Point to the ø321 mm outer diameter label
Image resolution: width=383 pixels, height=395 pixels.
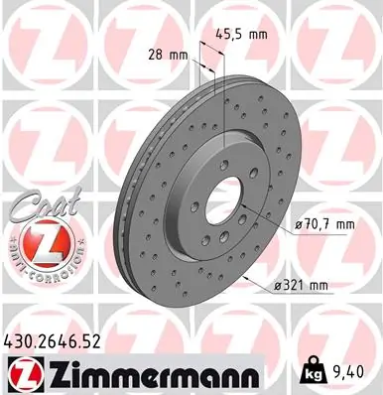(x=304, y=286)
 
